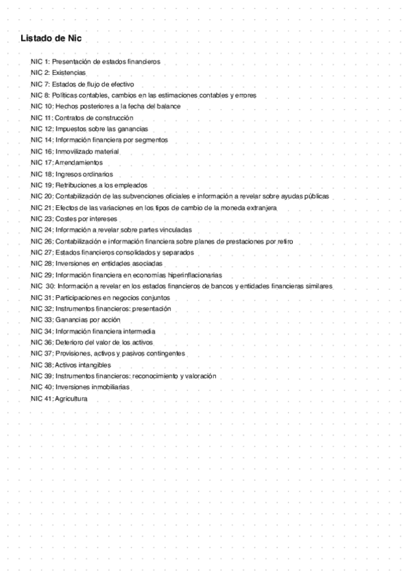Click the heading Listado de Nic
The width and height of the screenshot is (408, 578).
pyautogui.click(x=51, y=39)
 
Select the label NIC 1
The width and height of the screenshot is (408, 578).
pyautogui.click(x=40, y=61)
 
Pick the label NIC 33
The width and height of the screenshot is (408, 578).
pyautogui.click(x=40, y=320)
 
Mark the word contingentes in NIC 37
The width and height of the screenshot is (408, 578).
pyautogui.click(x=166, y=354)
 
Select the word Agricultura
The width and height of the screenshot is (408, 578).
pyautogui.click(x=72, y=399)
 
